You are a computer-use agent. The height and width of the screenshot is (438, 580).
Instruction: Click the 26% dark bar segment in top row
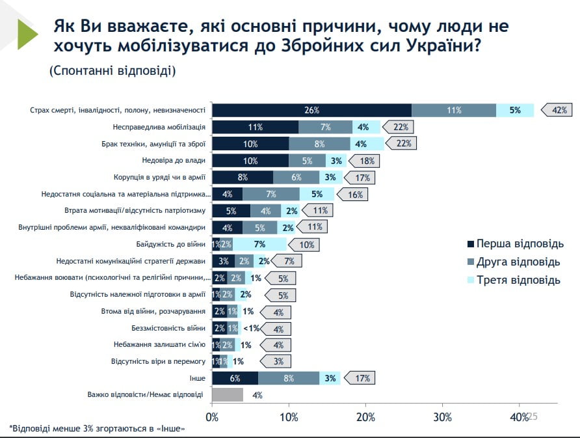click(312, 110)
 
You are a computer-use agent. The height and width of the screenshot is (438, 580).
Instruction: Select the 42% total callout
click(557, 110)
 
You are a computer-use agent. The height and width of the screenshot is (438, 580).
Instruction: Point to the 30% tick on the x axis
click(442, 417)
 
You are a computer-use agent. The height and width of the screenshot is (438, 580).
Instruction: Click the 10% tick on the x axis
click(289, 417)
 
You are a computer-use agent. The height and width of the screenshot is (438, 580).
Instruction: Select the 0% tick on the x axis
click(213, 417)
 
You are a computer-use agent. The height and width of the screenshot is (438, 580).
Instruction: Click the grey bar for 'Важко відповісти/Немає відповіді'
click(228, 394)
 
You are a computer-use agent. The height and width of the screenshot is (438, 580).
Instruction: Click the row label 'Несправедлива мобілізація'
click(159, 127)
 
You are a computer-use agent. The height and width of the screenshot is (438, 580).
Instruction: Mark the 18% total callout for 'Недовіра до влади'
click(365, 160)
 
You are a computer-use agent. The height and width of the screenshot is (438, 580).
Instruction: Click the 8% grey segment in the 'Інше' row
click(289, 377)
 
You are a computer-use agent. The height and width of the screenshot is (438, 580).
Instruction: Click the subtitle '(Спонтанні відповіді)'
click(112, 70)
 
